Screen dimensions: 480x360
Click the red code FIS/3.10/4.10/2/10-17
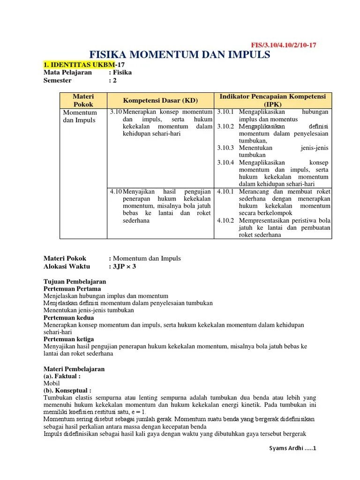tap(284, 45)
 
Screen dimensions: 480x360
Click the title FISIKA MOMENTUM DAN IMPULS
tap(180, 55)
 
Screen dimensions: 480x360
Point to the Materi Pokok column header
tap(83, 100)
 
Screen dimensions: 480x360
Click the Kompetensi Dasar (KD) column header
tap(160, 100)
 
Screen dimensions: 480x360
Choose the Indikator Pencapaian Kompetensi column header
tap(272, 100)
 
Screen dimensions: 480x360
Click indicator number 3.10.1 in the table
tap(226, 112)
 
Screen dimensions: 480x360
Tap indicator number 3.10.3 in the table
tap(226, 148)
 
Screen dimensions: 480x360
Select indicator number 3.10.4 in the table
tap(226, 162)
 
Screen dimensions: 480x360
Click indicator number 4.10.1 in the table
tap(226, 192)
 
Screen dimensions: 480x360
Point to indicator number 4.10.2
tap(226, 220)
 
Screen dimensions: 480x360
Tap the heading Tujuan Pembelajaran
tap(75, 281)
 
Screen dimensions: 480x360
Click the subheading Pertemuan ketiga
tap(68, 339)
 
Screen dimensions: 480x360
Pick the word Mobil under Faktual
tap(52, 383)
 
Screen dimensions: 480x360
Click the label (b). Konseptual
tap(67, 390)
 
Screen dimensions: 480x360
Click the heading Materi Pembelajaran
tap(74, 369)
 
